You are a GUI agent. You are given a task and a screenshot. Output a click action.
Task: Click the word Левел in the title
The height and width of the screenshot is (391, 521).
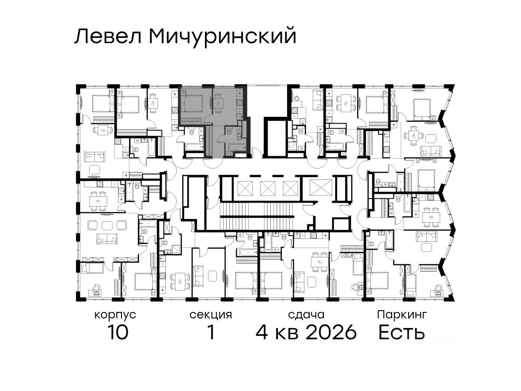point(108,36)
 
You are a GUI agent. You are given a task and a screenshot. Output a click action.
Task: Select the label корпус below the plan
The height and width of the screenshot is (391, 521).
point(115,315)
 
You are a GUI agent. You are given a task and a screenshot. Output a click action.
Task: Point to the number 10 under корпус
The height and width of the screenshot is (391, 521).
point(118,332)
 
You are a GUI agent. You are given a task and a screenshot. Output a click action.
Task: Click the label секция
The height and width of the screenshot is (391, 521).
point(211,315)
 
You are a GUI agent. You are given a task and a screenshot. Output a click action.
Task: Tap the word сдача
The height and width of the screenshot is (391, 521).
point(306,315)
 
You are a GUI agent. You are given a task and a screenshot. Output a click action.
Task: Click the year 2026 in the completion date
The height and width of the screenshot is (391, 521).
point(331,332)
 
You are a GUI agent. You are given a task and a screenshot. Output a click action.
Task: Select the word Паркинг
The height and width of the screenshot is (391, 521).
point(402,315)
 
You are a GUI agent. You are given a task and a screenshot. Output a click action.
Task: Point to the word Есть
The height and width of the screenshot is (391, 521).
point(401,332)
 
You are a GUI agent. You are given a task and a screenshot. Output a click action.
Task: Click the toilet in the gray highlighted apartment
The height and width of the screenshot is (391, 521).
point(229,130)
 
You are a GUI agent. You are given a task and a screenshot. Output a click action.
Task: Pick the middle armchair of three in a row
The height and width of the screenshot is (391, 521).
point(107,225)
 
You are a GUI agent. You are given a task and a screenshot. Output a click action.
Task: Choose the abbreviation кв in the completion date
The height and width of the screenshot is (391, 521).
point(287,334)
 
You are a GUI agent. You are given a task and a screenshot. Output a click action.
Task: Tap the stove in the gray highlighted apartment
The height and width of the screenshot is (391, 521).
point(239,103)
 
